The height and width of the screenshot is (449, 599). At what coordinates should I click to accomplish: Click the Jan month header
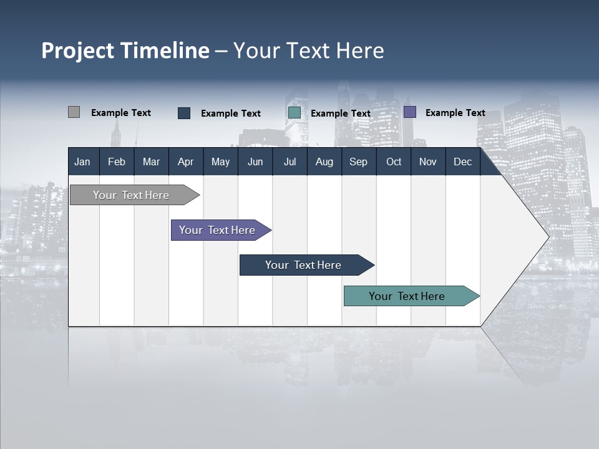(x=82, y=162)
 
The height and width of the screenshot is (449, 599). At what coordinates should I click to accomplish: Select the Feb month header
(x=117, y=162)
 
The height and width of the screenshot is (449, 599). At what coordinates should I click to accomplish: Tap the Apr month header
(x=185, y=162)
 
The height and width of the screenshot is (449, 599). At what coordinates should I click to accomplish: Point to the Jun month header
(x=255, y=162)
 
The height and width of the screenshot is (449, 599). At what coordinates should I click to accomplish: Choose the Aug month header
(x=324, y=162)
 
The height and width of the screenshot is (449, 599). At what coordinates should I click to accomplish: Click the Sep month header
(x=358, y=162)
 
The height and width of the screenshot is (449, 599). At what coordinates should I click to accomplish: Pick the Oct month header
(x=394, y=162)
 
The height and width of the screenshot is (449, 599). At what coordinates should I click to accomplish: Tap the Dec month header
(x=462, y=162)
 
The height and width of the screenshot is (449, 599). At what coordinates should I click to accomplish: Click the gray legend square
(x=74, y=112)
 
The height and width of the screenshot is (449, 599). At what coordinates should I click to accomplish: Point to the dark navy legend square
(x=184, y=113)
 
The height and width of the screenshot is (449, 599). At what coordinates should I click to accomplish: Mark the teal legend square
(x=295, y=113)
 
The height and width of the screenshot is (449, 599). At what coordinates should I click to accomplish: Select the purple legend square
(x=410, y=112)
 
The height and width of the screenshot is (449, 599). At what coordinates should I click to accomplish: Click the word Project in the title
(x=79, y=51)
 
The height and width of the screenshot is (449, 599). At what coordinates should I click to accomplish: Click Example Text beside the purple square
(x=455, y=113)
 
